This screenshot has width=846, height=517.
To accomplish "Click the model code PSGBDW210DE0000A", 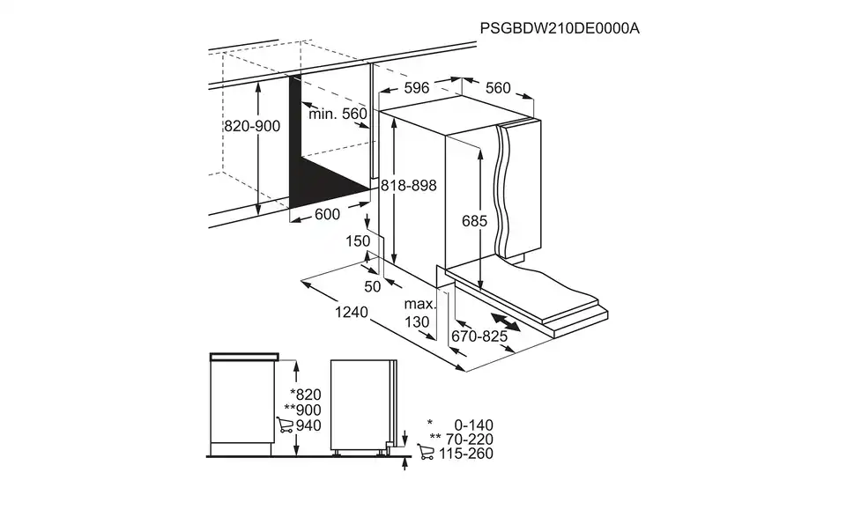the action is coord(560,28).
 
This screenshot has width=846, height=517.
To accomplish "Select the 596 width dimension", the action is coord(417,87).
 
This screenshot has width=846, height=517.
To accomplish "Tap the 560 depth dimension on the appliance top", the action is coord(497,88).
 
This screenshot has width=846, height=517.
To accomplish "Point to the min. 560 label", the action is coord(338,114).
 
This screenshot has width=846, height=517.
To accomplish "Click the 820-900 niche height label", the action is coord(252,126).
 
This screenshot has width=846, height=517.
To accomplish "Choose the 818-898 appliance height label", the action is coord(408,186).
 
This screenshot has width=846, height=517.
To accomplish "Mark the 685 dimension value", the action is coord(474,221).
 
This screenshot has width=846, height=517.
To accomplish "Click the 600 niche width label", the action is coord(327,215).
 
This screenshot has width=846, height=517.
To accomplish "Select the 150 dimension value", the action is coord(358,241).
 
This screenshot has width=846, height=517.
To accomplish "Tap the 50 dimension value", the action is coord(372,287).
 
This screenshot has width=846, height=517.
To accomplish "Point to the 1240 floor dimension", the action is coord(352,312).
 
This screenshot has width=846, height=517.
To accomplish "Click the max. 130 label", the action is coord(419,314).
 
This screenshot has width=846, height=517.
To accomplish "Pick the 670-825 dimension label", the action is coord(479,336).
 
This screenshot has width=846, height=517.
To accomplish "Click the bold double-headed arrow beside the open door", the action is coord(506,321).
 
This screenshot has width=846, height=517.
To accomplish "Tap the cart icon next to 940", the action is coord(285,425).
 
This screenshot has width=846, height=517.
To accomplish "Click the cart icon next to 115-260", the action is coord(426,452).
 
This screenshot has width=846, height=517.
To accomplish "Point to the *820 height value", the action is coord(306,395).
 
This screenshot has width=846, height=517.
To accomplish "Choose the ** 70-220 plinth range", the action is coord(461,439).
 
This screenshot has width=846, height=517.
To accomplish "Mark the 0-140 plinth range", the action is coord(473,425).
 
